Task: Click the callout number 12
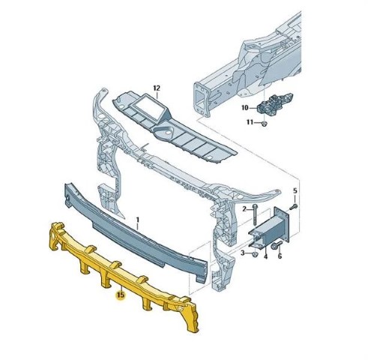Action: click(x=157, y=88)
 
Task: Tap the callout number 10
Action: click(x=245, y=108)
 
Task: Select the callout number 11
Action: click(x=250, y=122)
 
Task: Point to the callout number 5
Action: click(x=295, y=191)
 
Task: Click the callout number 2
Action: click(x=244, y=208)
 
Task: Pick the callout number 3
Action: click(x=243, y=253)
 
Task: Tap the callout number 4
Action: click(x=265, y=256)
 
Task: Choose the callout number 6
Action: click(x=280, y=256)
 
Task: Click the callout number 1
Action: click(x=137, y=220)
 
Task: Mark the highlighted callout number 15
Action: click(x=121, y=295)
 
